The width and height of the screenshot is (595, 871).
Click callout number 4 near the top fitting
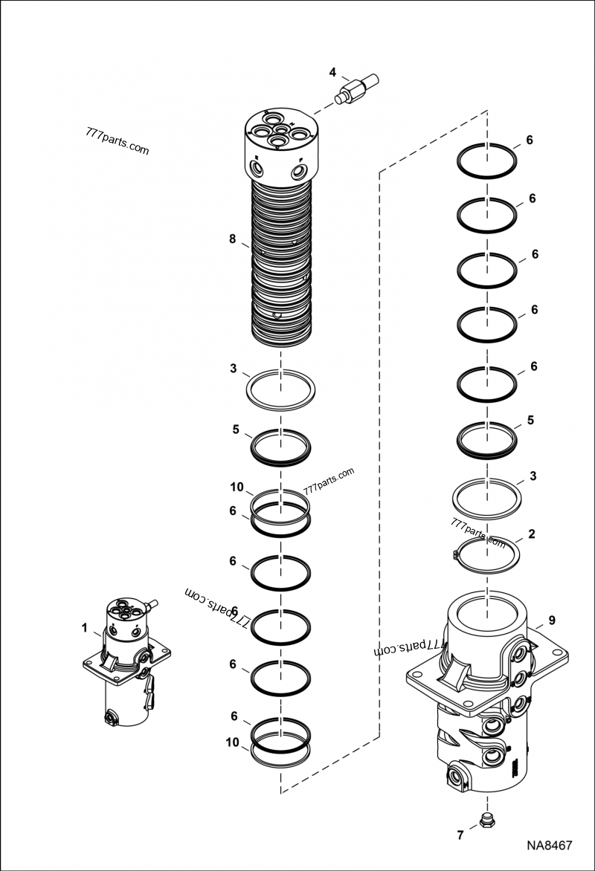point(333,72)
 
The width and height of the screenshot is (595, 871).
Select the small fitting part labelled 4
point(358,88)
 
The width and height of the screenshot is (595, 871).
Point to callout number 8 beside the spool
point(233,239)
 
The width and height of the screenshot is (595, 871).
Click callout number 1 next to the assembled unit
point(85,628)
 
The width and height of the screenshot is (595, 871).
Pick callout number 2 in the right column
point(530,534)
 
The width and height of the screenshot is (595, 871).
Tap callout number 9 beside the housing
point(551,620)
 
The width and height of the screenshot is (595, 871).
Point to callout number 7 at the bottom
point(460,835)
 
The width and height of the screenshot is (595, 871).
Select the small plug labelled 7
point(487,820)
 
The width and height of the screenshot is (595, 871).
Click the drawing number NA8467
point(549,846)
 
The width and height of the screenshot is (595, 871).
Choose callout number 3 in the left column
point(233,369)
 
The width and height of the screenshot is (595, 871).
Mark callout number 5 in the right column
point(530,420)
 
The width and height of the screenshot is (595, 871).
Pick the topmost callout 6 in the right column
point(530,140)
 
